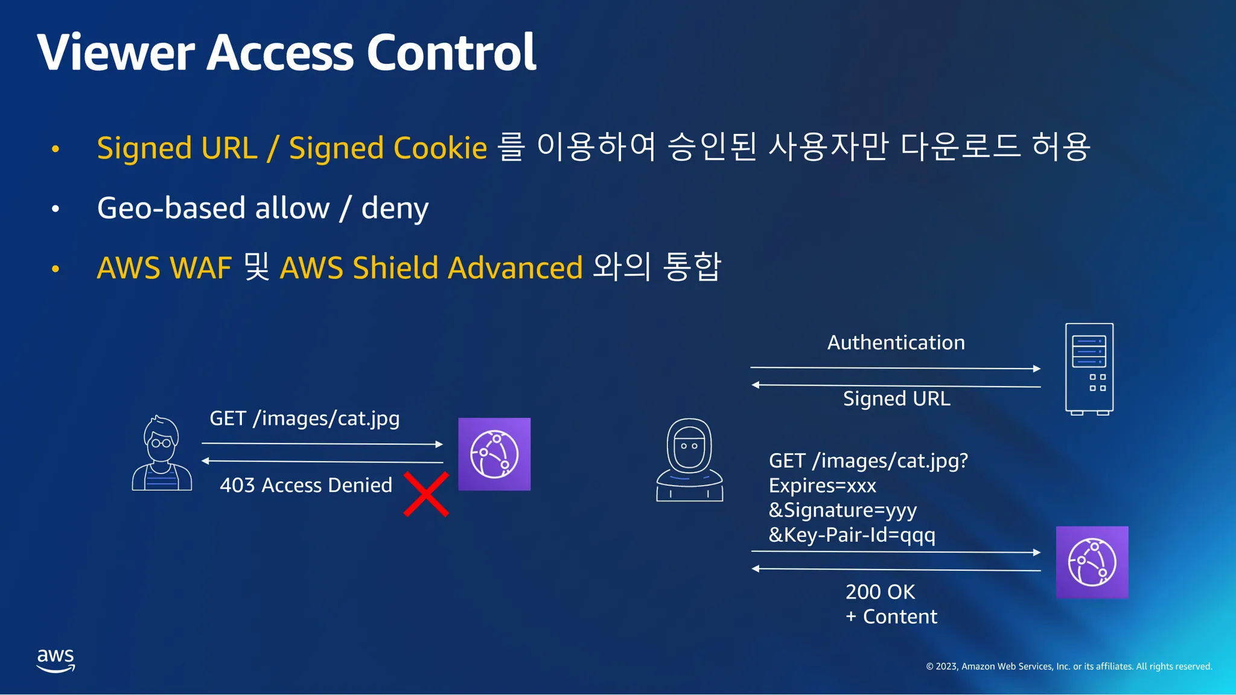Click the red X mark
point(426,494)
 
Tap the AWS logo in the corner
point(56,660)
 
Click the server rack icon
point(1089,369)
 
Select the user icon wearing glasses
point(162,454)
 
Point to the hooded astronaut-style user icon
point(689,460)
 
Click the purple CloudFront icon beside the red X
point(494,454)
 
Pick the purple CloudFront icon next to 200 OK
point(1092,562)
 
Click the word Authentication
point(896,343)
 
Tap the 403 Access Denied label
point(306,485)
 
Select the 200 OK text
point(880,592)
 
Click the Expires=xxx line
point(822,486)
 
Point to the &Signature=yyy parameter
point(843,510)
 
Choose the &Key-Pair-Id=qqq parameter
point(852,535)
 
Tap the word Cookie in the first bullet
point(440,148)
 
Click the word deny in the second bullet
point(395,209)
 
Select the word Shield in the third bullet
point(395,268)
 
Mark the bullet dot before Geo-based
point(56,209)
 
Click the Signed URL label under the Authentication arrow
point(896,399)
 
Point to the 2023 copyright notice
point(1069,667)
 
